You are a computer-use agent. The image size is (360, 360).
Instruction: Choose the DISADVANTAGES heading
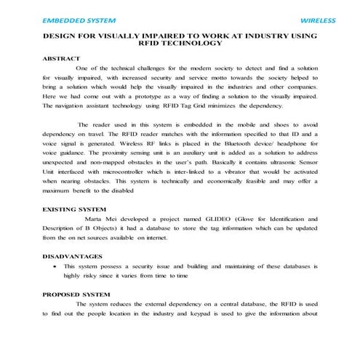click(73, 257)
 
